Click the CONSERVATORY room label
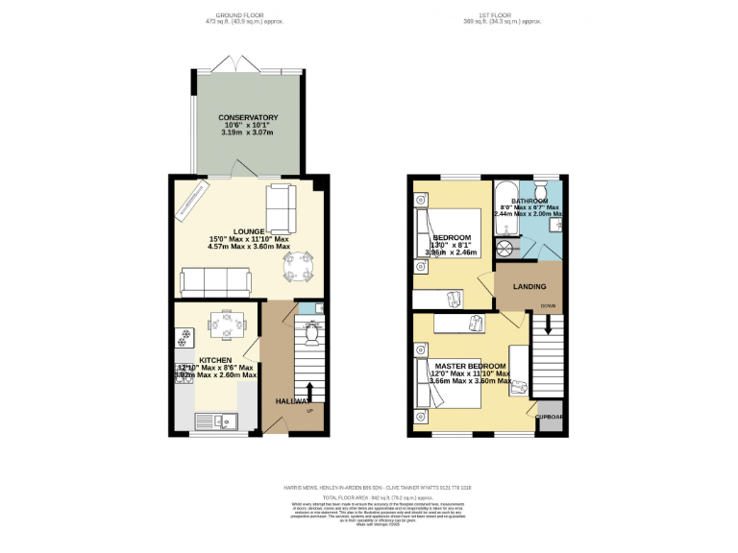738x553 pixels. point(248,118)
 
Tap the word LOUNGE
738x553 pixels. point(194,231)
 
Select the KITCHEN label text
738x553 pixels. point(215,360)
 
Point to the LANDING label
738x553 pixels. point(529,286)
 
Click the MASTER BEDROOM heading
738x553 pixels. point(470,367)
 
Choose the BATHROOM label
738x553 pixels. point(529,202)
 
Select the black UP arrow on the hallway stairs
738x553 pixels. point(309,393)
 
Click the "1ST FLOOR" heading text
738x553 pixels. point(496,16)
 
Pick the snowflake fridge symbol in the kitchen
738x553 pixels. point(181,339)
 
